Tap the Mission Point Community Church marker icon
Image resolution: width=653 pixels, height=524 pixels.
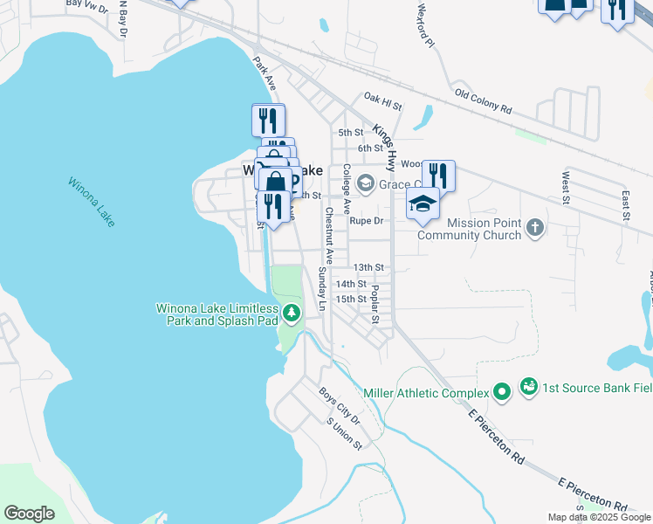[x=536, y=229]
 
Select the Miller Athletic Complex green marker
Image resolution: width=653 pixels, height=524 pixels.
[x=501, y=393]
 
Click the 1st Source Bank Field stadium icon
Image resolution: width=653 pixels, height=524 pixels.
[x=528, y=385]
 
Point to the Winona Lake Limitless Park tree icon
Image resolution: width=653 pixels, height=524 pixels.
[x=292, y=313]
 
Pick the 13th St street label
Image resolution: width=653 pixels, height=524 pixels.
[x=368, y=267]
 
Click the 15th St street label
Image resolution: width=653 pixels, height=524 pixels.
[x=351, y=299]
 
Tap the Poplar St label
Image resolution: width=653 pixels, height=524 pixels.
[x=375, y=304]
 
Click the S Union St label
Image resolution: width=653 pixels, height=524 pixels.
[x=344, y=433]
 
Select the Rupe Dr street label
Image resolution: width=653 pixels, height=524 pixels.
[x=367, y=221]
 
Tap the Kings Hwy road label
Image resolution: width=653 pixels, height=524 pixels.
[x=385, y=147]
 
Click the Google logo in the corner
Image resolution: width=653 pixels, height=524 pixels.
[x=29, y=514]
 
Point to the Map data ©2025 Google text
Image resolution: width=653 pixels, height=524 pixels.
[x=599, y=517]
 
